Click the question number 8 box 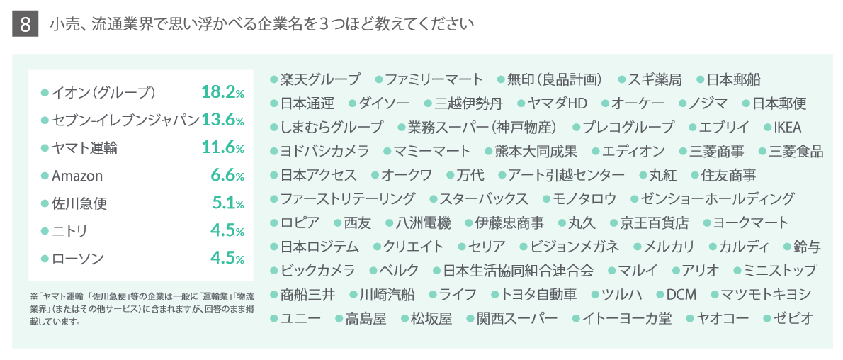point(26,25)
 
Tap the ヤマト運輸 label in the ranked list point(85,148)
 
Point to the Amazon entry point(77,176)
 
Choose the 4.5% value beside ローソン point(227,259)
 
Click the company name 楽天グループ point(320,79)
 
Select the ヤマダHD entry point(558,103)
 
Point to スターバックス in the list point(483,198)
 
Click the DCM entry point(681,295)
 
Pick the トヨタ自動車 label point(544,295)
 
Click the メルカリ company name point(669,247)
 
